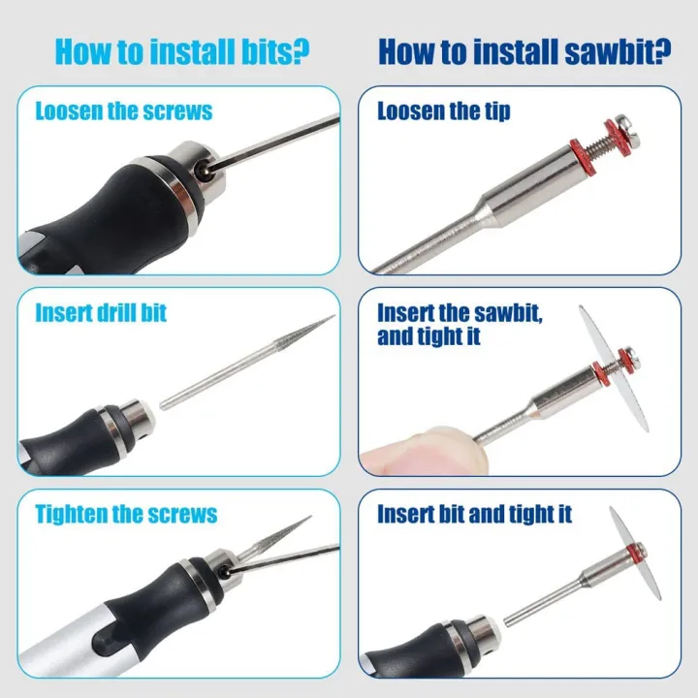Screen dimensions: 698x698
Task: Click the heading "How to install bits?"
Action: tap(181, 51)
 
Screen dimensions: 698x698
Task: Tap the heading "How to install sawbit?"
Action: tap(524, 51)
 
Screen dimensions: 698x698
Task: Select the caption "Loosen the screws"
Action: tap(124, 111)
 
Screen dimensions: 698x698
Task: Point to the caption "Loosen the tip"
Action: tap(443, 111)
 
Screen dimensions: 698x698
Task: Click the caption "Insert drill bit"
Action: tap(101, 312)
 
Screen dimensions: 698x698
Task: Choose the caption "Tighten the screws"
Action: tap(126, 514)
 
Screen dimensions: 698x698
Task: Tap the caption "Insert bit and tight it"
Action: tap(474, 514)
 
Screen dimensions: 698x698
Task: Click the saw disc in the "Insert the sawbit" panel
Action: tap(615, 369)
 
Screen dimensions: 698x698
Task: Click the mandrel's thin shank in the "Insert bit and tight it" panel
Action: tap(542, 604)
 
